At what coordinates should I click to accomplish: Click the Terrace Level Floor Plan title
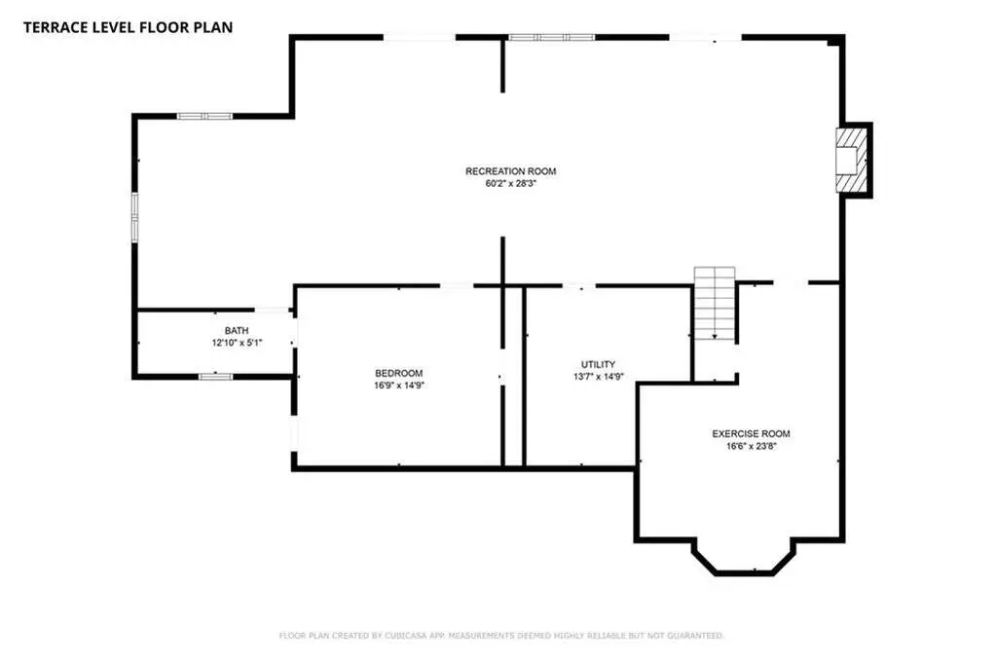pos(128,27)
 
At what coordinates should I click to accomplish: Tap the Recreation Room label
pos(511,171)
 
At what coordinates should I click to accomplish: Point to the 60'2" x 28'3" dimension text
pos(511,184)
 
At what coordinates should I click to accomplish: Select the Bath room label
pos(237,330)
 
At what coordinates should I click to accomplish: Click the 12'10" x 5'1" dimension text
pos(237,343)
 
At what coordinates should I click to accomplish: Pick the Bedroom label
pos(399,373)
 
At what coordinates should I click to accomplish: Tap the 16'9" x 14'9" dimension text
pos(399,385)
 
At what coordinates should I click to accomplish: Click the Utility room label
pos(599,364)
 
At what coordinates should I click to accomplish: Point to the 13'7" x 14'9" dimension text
pos(599,376)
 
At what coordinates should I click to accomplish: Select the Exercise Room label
pos(751,434)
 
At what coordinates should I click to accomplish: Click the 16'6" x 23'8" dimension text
pos(752,446)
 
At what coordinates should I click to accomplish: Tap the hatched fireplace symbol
pos(851,160)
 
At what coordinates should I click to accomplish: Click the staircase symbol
pos(715,303)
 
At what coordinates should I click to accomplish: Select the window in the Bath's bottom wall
pos(215,376)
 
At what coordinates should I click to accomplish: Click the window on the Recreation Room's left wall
pos(134,217)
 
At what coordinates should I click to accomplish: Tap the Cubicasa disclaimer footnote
pos(501,636)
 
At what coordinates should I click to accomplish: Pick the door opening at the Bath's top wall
pos(272,310)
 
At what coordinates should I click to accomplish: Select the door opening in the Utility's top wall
pos(578,286)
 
